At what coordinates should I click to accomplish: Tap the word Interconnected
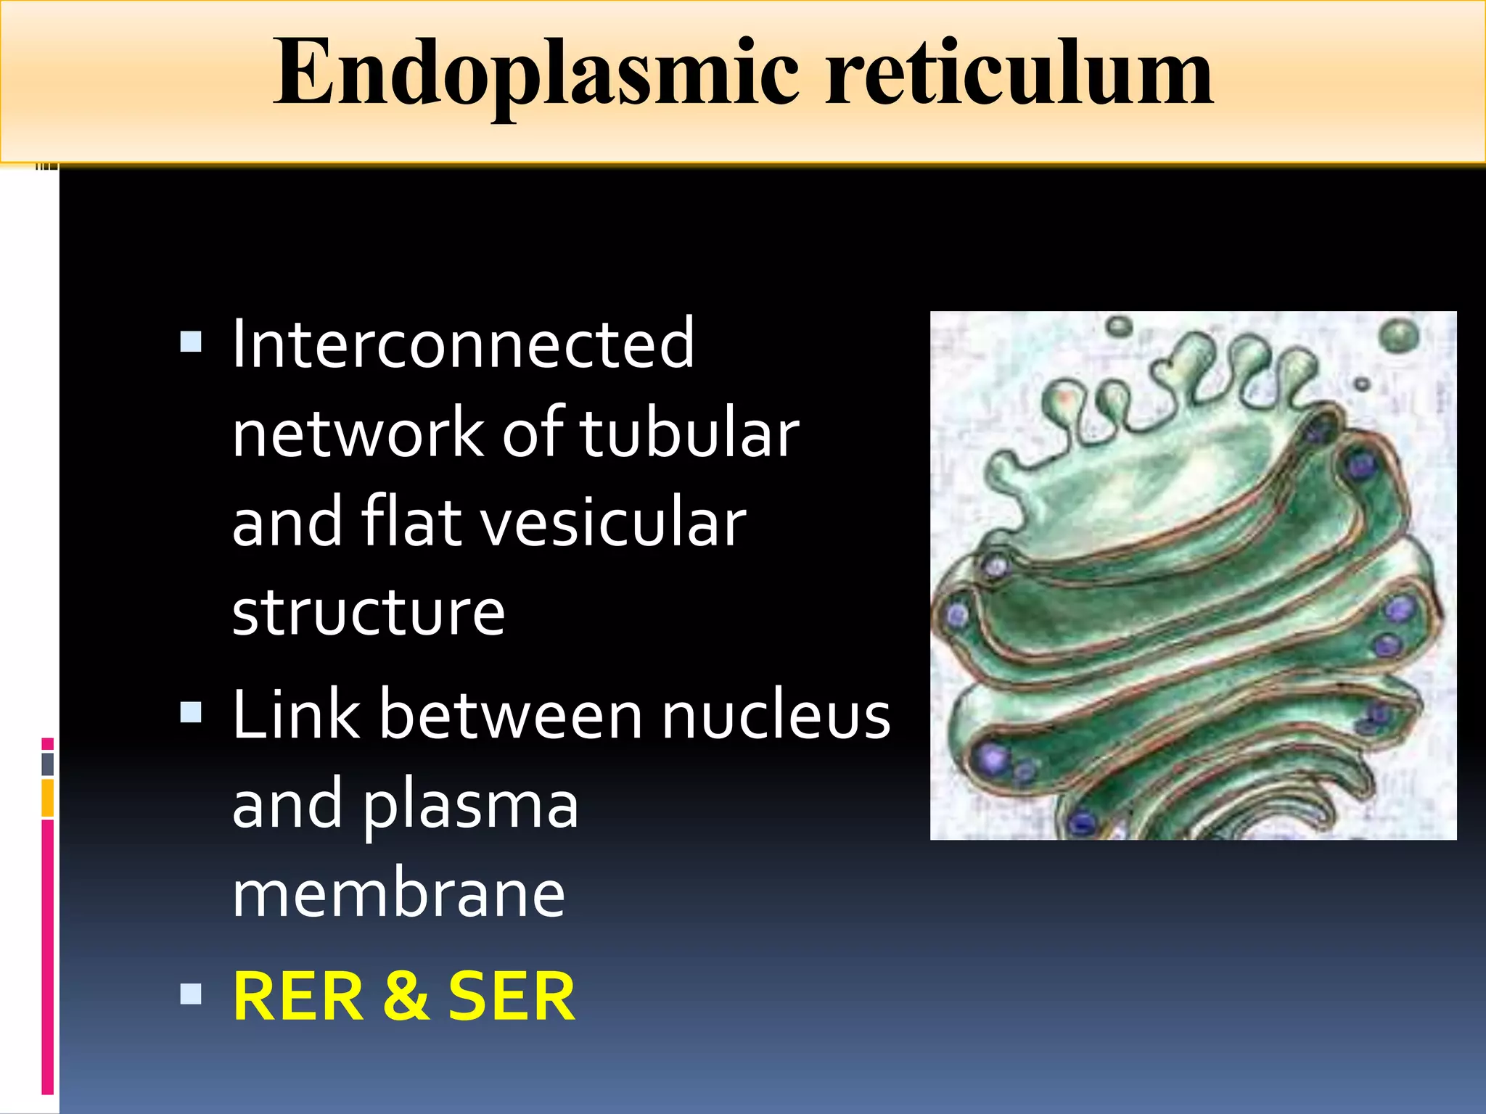click(x=463, y=344)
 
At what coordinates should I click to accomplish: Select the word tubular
click(x=689, y=433)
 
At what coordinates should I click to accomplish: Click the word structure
click(x=368, y=611)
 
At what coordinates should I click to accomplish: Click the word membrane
click(x=398, y=894)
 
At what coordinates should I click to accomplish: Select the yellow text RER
click(x=298, y=998)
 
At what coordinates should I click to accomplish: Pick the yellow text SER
click(x=512, y=998)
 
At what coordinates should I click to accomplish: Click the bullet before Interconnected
click(x=191, y=342)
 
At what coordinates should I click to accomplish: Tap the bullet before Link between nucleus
click(x=191, y=712)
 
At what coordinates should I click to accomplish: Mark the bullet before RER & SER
click(x=191, y=994)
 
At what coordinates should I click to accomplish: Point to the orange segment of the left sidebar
click(x=47, y=798)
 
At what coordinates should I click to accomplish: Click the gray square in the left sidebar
click(x=47, y=764)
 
